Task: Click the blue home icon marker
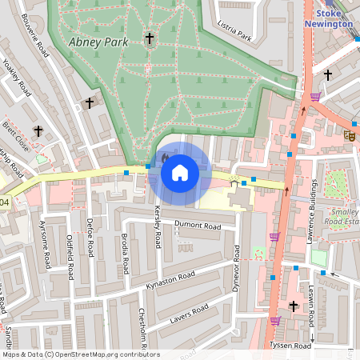click(180, 172)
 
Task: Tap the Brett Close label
click(16, 132)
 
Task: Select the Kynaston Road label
click(170, 281)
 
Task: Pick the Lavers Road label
click(189, 314)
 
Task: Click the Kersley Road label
click(158, 226)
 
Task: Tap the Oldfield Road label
click(70, 256)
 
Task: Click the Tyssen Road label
click(290, 346)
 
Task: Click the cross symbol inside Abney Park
click(149, 38)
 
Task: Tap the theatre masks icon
click(349, 135)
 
